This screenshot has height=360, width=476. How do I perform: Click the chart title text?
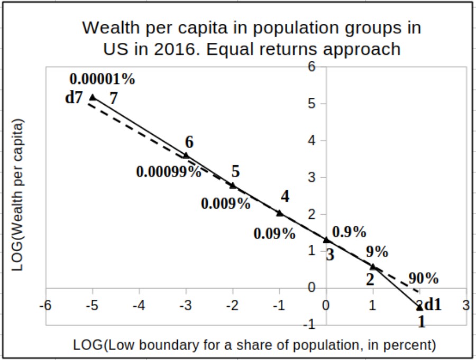[x=252, y=38]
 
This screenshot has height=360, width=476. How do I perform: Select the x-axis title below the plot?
[x=254, y=345]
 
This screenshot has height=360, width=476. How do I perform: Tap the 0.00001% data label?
[x=102, y=79]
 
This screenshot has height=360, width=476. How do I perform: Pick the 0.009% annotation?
[x=226, y=204]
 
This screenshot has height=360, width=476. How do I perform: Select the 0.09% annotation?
[x=274, y=233]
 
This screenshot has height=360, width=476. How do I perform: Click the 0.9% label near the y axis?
[x=349, y=232]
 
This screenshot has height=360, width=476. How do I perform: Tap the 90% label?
[x=423, y=279]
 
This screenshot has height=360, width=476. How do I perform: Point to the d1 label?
[x=433, y=305]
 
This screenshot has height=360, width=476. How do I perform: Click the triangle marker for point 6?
[x=186, y=155]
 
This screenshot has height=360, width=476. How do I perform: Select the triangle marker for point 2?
[x=373, y=266]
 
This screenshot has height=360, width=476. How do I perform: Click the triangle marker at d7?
[x=93, y=97]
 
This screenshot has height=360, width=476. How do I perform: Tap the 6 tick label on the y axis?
[x=312, y=67]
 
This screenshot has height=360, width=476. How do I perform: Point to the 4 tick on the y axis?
[x=312, y=141]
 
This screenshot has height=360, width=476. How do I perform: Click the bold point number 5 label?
[x=235, y=171]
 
